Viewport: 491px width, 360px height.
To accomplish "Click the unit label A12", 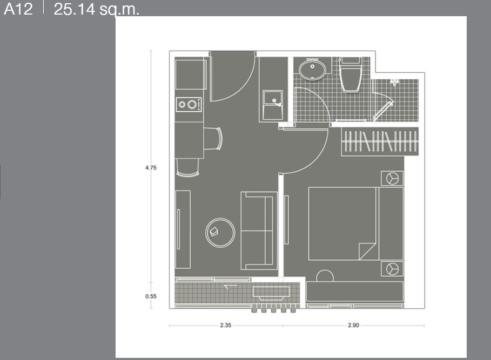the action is [18, 9].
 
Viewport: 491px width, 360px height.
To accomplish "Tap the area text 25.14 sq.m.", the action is [96, 9].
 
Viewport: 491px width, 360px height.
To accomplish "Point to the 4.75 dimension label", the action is [151, 168].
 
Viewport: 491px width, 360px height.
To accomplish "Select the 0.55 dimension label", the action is [151, 296].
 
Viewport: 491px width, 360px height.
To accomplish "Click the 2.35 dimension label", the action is [225, 325].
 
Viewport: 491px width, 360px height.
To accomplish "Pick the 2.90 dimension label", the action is [354, 325].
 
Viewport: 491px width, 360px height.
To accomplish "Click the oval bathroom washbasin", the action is [312, 69].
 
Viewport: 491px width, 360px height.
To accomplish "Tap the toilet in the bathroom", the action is [351, 74].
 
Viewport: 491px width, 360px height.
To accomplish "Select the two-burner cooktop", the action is [189, 105].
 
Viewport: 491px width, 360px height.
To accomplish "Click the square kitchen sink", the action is [273, 105].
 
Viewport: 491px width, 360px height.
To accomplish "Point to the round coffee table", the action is [220, 233].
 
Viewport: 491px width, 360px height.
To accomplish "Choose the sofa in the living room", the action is [259, 231].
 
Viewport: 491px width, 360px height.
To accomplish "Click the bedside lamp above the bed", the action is [392, 179].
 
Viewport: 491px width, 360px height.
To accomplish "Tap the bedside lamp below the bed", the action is [392, 269].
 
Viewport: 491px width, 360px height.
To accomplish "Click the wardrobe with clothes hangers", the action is [380, 141].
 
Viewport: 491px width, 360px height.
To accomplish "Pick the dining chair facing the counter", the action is [213, 139].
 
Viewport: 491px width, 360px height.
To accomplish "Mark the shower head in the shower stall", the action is [394, 83].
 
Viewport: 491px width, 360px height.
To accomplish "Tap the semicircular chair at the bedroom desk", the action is [325, 276].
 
